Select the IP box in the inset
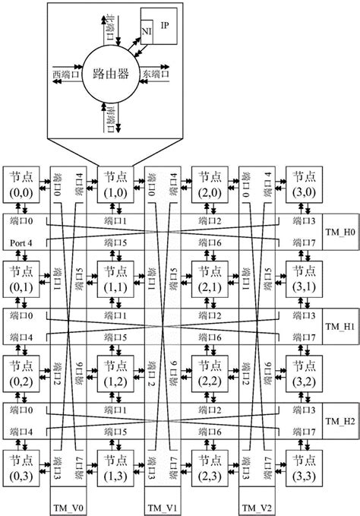pos(166,24)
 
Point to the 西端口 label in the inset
pos(66,74)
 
